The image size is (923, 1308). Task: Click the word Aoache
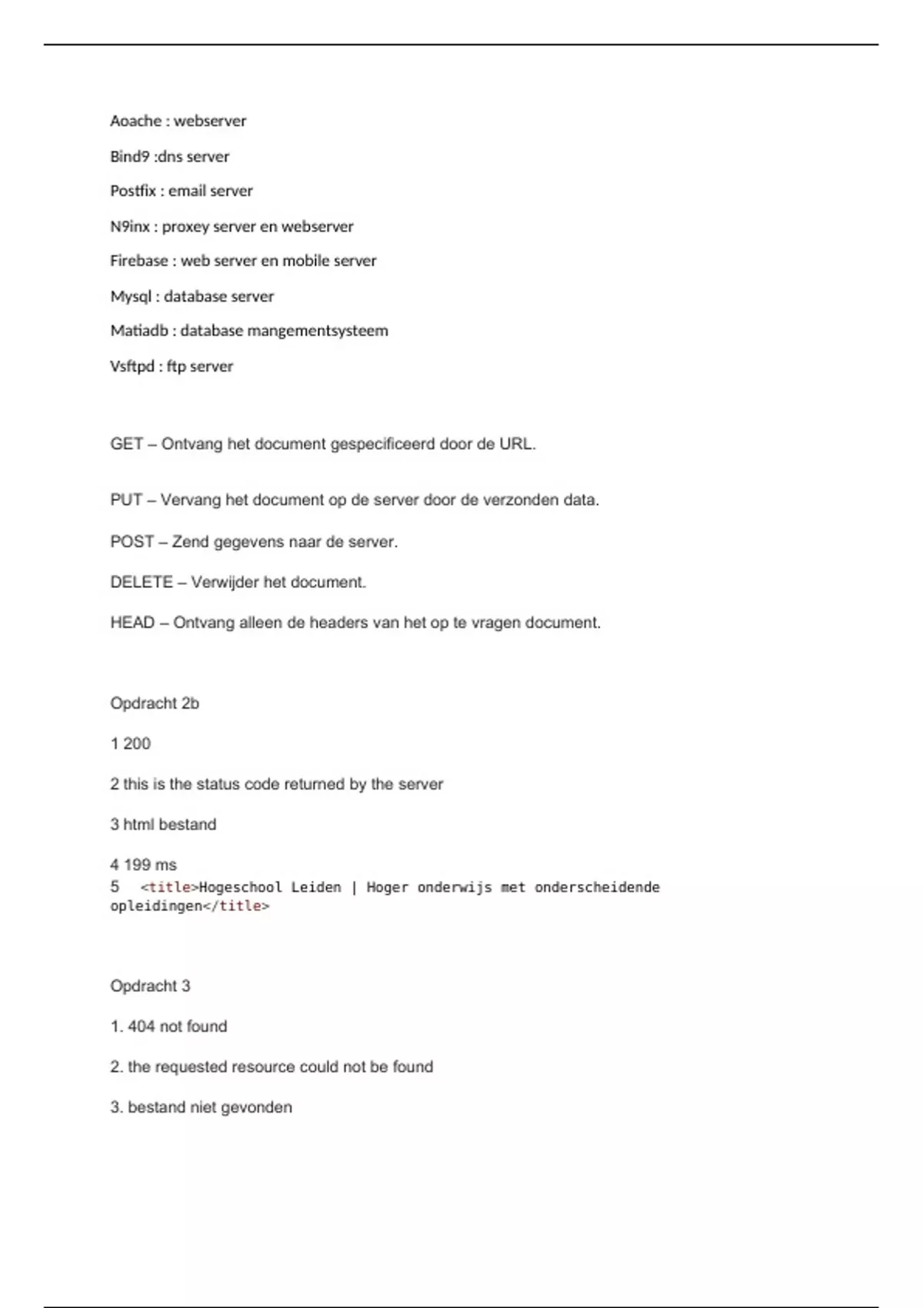[x=135, y=121]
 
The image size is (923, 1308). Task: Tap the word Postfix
[x=133, y=191]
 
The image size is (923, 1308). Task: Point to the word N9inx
[x=129, y=226]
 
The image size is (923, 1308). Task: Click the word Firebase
[x=138, y=261]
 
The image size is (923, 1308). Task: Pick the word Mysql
[x=130, y=296]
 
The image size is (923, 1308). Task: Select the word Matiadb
[x=138, y=331]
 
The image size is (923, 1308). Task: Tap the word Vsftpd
[x=132, y=366]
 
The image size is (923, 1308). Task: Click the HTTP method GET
[x=126, y=444]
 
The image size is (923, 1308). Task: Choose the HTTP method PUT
[x=125, y=500]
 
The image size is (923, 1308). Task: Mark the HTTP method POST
[x=132, y=542]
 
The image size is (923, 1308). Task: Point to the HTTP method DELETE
[x=141, y=582]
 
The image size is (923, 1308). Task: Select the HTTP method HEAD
[x=132, y=622]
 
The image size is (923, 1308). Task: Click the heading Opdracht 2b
[x=155, y=703]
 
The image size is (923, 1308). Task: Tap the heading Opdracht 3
[x=150, y=986]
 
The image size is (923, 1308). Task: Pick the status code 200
[x=137, y=744]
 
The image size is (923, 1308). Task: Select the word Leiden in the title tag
[x=315, y=887]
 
